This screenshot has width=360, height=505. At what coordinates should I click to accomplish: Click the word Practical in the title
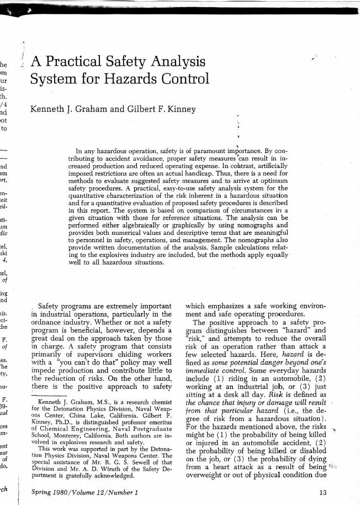point(75,61)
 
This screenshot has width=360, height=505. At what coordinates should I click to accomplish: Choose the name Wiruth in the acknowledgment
point(113,469)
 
